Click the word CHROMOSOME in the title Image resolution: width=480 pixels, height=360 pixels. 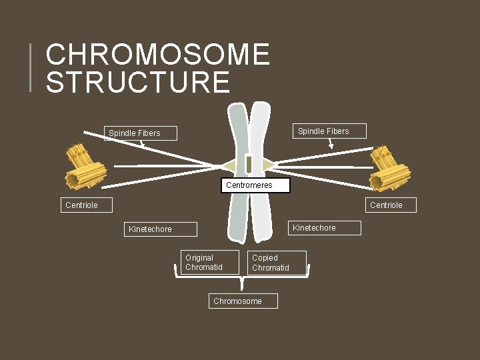pyautogui.click(x=158, y=55)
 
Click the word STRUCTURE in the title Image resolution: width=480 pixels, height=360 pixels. pyautogui.click(x=138, y=81)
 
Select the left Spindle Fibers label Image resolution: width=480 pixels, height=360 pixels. pyautogui.click(x=135, y=133)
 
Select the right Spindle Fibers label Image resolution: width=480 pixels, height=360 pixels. pyautogui.click(x=323, y=131)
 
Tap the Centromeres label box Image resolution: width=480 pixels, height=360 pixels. pyautogui.click(x=256, y=185)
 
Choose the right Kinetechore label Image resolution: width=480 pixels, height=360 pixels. pyautogui.click(x=323, y=228)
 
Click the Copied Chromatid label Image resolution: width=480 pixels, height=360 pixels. pyautogui.click(x=278, y=263)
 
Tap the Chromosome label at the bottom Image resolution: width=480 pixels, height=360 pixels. pyautogui.click(x=242, y=301)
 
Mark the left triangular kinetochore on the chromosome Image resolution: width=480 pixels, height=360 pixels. pyautogui.click(x=232, y=164)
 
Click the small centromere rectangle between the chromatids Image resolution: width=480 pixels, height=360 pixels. pyautogui.click(x=248, y=164)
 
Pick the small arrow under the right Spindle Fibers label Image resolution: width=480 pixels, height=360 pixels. pyautogui.click(x=331, y=143)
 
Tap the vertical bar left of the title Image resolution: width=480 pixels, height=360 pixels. pyautogui.click(x=31, y=67)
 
